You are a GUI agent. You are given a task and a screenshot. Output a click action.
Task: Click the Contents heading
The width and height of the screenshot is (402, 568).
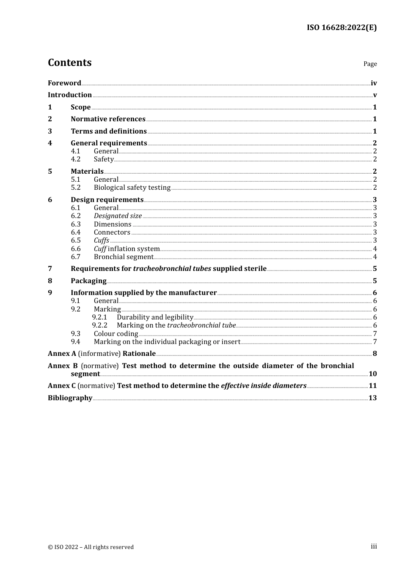point(69,63)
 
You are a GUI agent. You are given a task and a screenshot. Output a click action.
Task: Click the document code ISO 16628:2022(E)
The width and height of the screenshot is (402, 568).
point(341,27)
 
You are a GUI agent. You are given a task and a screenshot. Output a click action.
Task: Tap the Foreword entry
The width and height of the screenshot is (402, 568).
point(64,83)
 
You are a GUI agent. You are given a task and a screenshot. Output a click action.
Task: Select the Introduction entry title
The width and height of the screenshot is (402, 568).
point(70,95)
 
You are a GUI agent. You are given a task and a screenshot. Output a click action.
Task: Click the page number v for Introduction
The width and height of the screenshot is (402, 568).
point(374,95)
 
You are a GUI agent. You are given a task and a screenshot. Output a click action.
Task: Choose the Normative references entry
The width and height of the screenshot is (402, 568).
point(108,119)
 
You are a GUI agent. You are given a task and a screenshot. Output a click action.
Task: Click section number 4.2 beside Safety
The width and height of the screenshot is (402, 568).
point(76,159)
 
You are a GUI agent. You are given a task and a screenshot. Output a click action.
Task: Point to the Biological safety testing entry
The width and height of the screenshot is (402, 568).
point(132,188)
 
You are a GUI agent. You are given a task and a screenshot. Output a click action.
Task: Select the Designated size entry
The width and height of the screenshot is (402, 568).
point(118,216)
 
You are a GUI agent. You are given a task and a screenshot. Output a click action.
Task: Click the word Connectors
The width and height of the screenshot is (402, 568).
point(112,232)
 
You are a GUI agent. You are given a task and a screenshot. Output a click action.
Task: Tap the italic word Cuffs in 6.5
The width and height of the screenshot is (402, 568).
point(102,240)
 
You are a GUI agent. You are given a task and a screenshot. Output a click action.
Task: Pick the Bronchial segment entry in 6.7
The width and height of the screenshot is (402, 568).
point(124,257)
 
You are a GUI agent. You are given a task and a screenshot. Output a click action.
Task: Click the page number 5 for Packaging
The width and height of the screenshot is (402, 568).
point(374,281)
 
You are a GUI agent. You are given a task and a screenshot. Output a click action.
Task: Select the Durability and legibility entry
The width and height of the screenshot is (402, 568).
point(155,317)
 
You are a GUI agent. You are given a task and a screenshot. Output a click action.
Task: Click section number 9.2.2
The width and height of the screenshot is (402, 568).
point(100,325)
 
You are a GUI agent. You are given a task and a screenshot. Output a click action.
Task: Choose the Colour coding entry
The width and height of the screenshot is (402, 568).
point(116,334)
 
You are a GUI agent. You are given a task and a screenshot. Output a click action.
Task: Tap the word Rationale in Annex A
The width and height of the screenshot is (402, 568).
point(139,354)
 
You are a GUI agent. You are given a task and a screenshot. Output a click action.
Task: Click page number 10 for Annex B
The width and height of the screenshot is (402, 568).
point(372,374)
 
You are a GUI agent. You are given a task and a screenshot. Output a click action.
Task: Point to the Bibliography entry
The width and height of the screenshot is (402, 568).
point(70,398)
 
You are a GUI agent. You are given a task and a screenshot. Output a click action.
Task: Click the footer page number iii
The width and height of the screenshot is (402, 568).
point(374,546)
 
